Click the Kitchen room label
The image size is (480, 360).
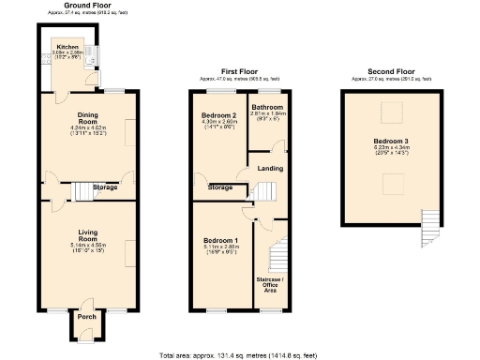67,46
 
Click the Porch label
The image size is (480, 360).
86,316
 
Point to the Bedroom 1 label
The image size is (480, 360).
221,241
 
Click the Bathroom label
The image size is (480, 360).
267,108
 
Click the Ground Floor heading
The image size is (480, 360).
85,5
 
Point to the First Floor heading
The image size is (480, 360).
239,70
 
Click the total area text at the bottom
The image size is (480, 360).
238,355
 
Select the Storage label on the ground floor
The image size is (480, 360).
105,187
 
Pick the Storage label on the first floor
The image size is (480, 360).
220,187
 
